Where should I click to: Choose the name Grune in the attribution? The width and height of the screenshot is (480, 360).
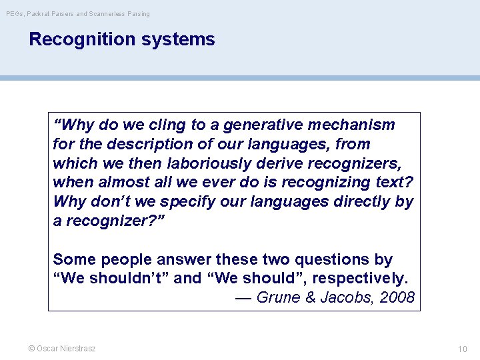(278, 297)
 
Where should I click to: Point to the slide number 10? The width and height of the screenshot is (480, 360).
(463, 349)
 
